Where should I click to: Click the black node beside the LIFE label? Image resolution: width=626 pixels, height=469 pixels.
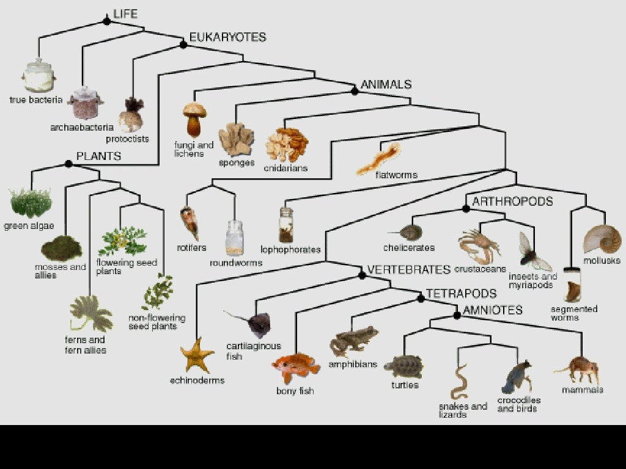tap(107, 21)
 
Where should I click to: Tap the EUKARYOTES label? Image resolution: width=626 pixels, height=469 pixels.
tap(227, 37)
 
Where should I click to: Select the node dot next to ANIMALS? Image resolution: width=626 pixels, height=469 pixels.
tap(355, 91)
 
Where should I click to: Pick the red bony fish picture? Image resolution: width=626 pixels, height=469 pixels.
tap(295, 366)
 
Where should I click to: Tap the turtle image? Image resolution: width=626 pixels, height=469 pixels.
tap(404, 366)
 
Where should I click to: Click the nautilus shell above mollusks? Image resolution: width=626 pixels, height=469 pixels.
tap(602, 239)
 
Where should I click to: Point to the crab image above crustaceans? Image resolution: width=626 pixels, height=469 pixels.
tap(478, 245)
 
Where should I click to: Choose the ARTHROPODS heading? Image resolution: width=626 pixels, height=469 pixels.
tap(512, 202)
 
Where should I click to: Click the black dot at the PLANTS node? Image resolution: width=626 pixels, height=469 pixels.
tap(68, 164)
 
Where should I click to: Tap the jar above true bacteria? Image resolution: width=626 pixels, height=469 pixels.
tap(39, 76)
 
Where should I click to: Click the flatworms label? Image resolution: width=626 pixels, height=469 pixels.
tap(396, 175)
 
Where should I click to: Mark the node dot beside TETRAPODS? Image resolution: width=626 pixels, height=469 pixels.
tap(421, 298)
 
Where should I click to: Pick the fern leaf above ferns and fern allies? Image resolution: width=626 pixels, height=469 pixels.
tap(90, 313)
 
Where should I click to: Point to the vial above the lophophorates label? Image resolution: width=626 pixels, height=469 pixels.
tap(285, 225)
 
